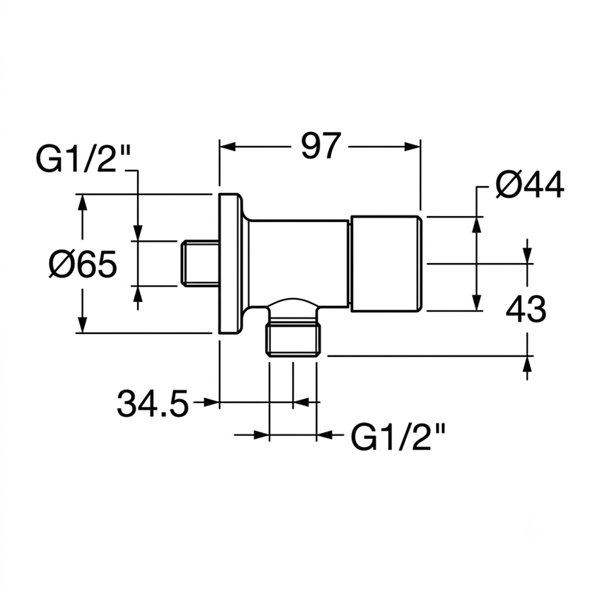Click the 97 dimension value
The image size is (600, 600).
(x=321, y=146)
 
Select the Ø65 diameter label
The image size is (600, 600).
(x=83, y=264)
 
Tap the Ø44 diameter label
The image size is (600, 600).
(x=530, y=185)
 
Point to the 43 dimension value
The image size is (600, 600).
(x=526, y=308)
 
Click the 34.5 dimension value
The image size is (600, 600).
(x=152, y=403)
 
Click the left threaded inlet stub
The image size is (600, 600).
(x=200, y=263)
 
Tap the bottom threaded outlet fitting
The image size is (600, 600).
(x=293, y=339)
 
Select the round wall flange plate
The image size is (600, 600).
(x=230, y=263)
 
